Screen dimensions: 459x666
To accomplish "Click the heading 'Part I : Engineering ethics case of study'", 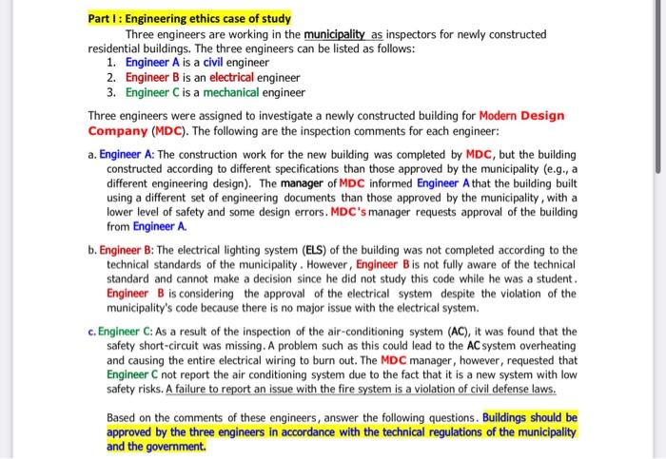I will (189, 19).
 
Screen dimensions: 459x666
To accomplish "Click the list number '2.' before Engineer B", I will (111, 77).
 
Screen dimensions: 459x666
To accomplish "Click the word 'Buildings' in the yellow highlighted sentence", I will (513, 416).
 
